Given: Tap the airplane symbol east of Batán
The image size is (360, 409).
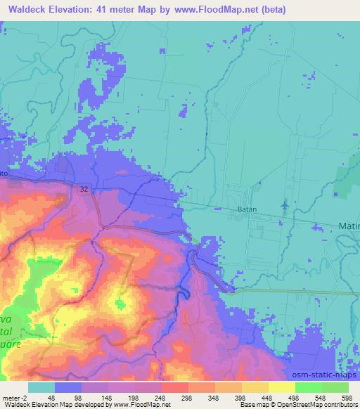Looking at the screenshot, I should point(285,204).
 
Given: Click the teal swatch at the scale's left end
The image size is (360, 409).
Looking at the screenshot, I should point(41,387).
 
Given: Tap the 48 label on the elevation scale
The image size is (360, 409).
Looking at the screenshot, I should point(52,397).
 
